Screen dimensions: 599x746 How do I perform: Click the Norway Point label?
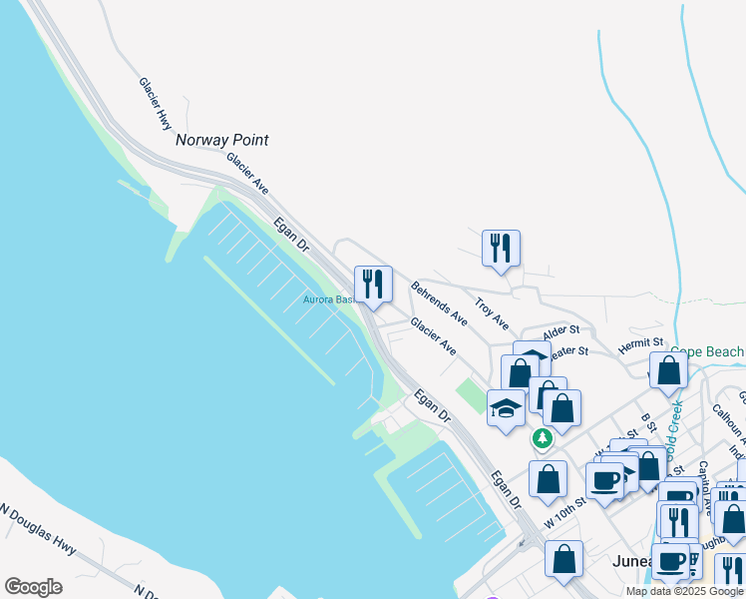222,141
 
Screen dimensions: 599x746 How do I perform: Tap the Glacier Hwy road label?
156,104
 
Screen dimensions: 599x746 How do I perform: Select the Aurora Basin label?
329,299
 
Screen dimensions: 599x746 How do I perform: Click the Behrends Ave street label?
439,303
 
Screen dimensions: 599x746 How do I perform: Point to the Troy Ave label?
492,313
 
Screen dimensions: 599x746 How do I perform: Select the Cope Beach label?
707,352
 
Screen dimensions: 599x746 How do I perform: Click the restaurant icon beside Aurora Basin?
373,284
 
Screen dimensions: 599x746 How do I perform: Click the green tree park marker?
542,438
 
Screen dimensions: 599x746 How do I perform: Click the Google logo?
33,587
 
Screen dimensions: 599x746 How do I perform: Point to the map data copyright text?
685,591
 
